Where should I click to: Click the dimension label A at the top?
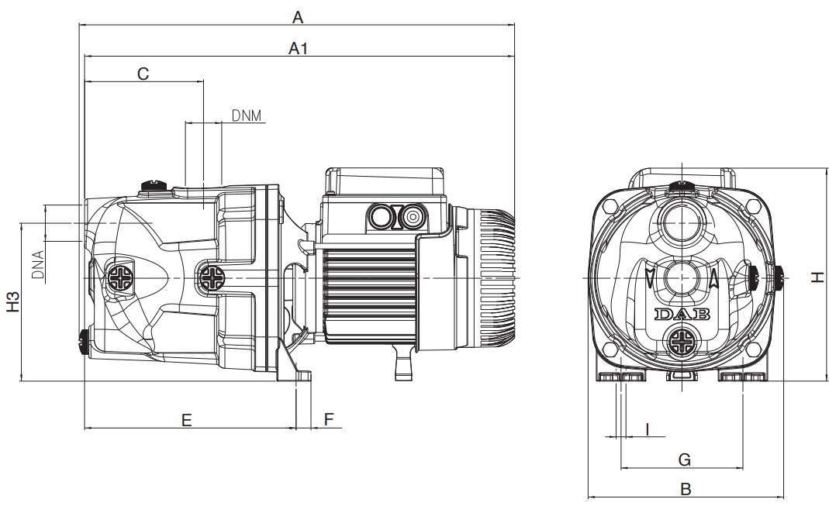298,17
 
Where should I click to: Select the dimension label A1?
299,49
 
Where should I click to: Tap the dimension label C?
143,74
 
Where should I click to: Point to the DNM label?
247,115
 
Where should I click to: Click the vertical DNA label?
38,265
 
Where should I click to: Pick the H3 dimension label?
13,301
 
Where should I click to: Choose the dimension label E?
186,421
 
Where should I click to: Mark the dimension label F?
329,420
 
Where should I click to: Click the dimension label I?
647,429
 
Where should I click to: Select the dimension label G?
684,460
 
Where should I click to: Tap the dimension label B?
686,489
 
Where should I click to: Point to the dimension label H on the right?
817,277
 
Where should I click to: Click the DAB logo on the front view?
682,315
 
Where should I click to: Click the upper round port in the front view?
682,222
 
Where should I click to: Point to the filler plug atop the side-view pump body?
154,185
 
